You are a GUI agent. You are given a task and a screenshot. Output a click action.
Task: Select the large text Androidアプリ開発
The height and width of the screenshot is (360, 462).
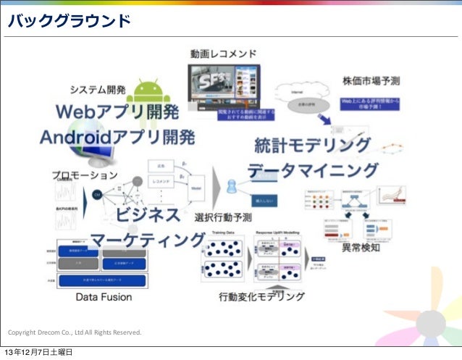117,137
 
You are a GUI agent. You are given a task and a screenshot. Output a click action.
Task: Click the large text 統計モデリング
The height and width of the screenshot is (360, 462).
312,146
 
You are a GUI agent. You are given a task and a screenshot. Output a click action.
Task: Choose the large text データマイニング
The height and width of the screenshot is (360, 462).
313,172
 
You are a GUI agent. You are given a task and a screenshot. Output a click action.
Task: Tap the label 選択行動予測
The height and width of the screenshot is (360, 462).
223,216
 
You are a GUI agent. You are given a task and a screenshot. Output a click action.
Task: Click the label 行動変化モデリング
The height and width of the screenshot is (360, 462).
261,296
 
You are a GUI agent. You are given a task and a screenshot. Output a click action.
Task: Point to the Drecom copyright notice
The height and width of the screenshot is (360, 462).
75,332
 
